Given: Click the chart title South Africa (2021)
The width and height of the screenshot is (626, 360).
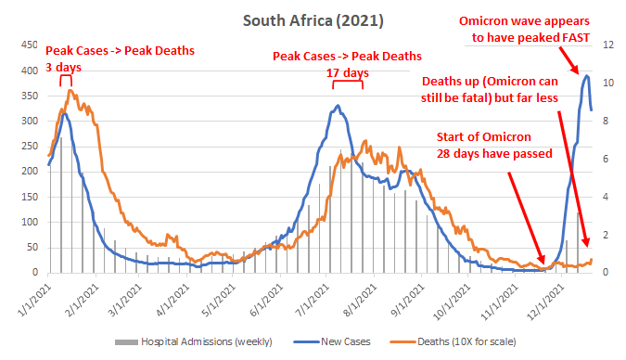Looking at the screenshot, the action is pos(313,20).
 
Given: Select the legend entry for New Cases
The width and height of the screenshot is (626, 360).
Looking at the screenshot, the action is pos(332,341).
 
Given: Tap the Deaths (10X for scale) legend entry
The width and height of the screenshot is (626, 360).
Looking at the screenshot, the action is pos(454,341).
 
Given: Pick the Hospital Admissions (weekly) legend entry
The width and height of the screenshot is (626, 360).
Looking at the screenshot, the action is pos(194,341).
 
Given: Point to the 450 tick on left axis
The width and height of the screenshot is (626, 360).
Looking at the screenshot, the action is pos(30,45).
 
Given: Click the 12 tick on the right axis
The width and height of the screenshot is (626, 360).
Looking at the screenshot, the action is pos(608,45).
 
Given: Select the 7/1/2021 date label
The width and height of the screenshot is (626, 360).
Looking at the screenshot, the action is pos(313,301).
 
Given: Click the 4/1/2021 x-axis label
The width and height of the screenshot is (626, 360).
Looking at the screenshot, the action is pos(172,301).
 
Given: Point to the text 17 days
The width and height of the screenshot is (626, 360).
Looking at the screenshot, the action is pos(348,72).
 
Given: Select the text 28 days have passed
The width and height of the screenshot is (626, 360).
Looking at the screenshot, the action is pos(494,153).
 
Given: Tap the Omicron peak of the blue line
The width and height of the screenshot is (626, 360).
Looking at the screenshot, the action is pos(586,75).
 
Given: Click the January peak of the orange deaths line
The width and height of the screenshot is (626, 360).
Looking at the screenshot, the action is pos(70,90).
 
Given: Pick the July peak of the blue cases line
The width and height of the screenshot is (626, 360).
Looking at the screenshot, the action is pos(338,106).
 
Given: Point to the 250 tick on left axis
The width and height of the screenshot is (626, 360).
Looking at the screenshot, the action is pos(30,147).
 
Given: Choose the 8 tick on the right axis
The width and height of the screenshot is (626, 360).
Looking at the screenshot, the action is pos(606,121).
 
